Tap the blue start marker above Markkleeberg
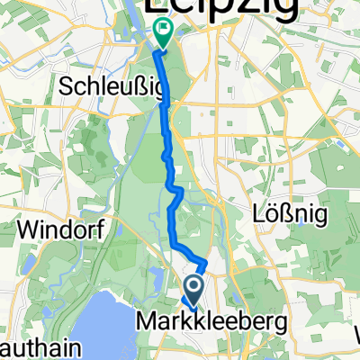pos(193,289)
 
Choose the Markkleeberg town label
pos(199,319)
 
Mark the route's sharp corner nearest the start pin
pos(205,262)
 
